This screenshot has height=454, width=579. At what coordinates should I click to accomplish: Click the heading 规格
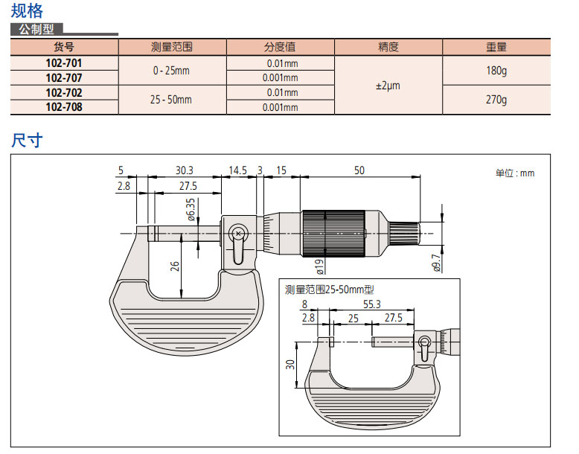tap(27, 11)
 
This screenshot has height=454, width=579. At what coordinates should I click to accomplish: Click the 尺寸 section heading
tap(27, 140)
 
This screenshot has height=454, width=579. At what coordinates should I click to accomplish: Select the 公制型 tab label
tap(36, 31)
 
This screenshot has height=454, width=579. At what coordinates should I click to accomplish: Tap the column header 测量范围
tap(171, 47)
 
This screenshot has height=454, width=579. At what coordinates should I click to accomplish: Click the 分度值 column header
tap(281, 47)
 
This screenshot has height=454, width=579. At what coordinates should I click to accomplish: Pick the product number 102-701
tap(64, 63)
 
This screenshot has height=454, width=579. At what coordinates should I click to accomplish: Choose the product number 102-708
tap(64, 107)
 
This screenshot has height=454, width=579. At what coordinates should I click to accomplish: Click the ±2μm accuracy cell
tap(388, 86)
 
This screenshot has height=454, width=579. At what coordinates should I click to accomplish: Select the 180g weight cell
tap(496, 71)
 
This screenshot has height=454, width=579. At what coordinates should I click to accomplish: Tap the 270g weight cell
tap(496, 100)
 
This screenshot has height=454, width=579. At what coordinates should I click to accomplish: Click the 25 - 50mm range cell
tap(171, 100)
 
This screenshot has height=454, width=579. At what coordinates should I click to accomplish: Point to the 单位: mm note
tap(514, 173)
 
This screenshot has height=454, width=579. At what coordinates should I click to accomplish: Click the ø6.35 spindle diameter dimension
tap(191, 210)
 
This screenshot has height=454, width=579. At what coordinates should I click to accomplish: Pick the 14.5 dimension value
tap(237, 170)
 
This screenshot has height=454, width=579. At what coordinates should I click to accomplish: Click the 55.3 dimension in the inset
tap(372, 304)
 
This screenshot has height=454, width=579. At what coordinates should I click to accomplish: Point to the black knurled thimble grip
tap(333, 233)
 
